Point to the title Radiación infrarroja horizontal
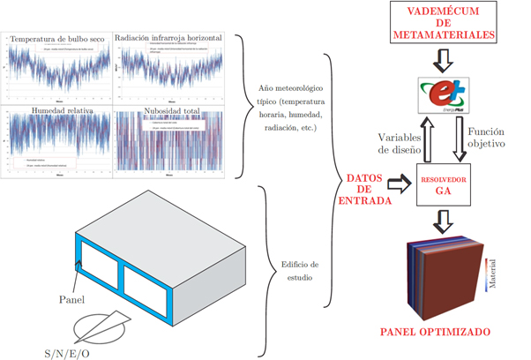pos(169,41)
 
